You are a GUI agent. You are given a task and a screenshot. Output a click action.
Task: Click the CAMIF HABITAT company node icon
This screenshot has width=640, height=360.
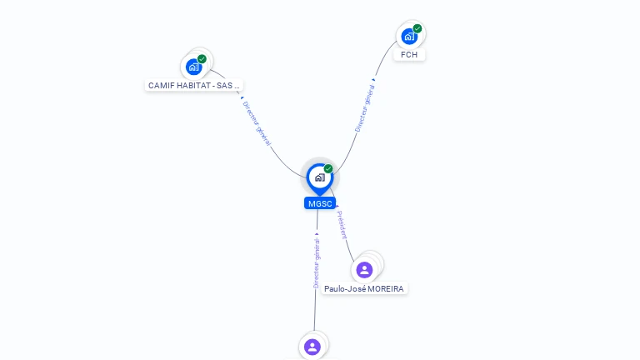tap(194, 67)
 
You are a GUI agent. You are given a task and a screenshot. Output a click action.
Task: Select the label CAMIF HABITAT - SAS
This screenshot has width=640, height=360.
tap(194, 85)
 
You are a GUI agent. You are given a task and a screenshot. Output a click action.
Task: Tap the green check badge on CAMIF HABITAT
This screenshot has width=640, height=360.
tap(202, 59)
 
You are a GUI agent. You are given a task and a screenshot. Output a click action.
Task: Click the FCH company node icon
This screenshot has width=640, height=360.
tap(408, 37)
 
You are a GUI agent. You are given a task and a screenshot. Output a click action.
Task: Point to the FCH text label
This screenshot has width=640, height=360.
tap(409, 54)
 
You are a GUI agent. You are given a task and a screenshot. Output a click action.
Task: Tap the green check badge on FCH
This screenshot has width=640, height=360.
tap(417, 29)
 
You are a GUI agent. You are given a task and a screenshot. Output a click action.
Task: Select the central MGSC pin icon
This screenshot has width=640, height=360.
tap(319, 177)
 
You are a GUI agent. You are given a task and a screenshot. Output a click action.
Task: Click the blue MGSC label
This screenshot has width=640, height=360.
tap(320, 203)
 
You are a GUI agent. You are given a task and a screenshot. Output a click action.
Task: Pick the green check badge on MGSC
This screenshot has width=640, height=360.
tap(328, 168)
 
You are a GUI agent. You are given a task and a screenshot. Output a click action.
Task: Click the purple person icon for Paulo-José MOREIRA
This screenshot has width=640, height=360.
tap(364, 270)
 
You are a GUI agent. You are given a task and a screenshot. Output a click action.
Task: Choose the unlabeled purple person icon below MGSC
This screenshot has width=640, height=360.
tap(312, 347)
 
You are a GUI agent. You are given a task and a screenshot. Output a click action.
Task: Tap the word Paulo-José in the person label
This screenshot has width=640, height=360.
tap(345, 289)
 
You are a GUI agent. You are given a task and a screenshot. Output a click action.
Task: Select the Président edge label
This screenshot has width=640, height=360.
tap(342, 224)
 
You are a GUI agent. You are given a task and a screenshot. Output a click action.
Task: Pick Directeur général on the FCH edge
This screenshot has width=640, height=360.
tap(364, 108)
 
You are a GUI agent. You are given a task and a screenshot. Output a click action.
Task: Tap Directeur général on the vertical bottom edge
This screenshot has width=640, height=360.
tap(317, 262)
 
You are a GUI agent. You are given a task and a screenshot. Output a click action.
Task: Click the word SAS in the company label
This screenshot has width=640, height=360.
tap(225, 85)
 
